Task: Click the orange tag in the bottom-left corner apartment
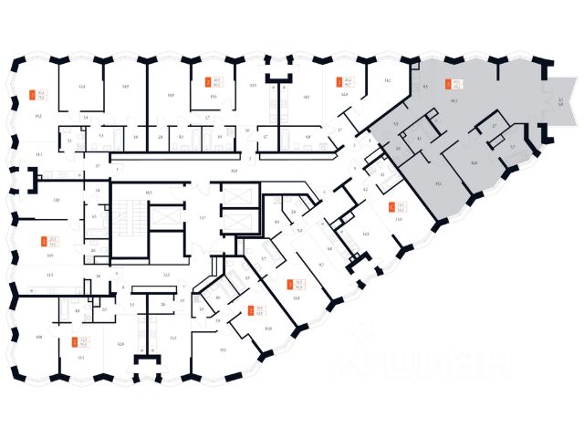74,342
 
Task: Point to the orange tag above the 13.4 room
391,207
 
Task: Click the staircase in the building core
129,223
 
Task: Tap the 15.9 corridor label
234,172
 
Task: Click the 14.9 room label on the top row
124,86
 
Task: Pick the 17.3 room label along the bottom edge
222,349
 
